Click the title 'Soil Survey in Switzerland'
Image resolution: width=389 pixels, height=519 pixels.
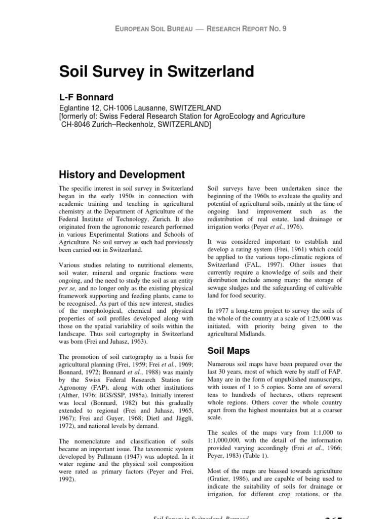click(157, 71)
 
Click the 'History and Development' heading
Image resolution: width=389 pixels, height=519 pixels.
click(122, 175)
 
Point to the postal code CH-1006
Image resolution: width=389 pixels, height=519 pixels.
click(123, 108)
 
